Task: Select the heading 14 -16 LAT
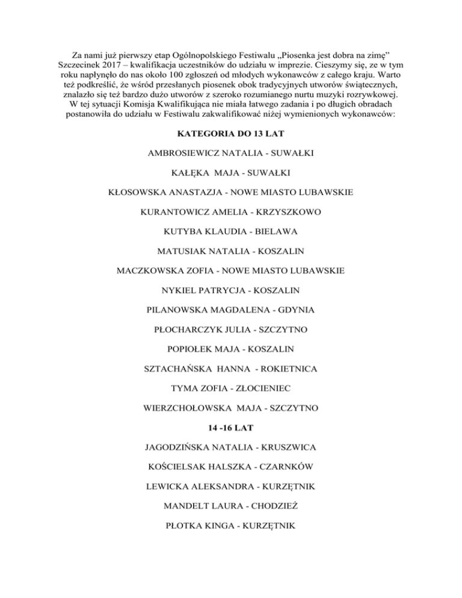tap(231, 428)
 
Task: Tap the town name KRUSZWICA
tap(283, 448)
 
